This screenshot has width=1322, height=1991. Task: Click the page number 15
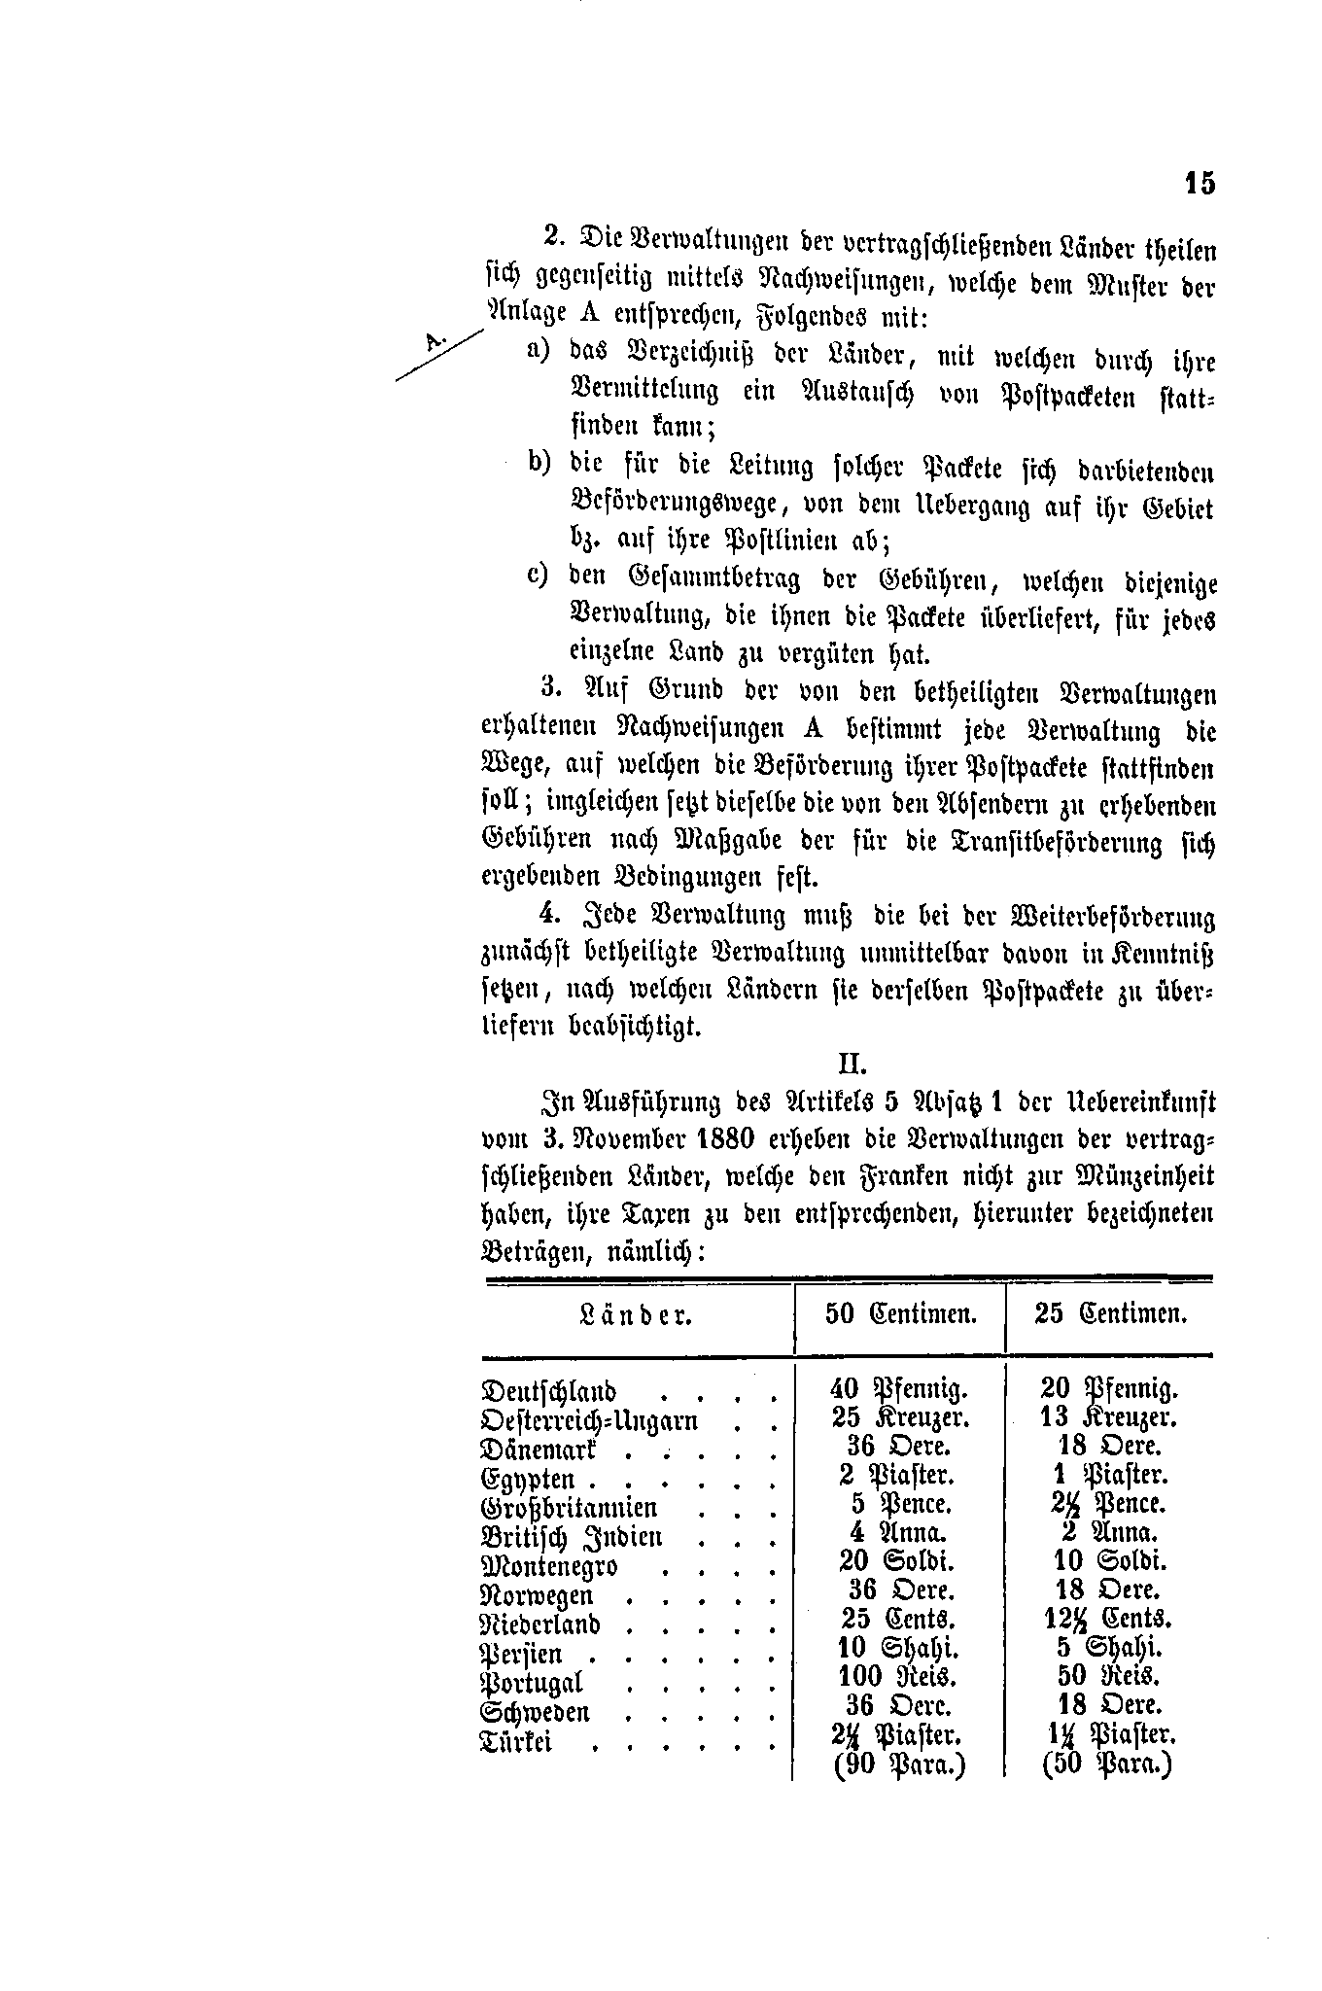[1200, 184]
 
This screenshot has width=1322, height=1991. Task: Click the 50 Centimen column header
[900, 1315]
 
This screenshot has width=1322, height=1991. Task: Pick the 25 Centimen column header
[1111, 1315]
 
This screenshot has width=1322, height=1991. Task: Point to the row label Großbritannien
[570, 1508]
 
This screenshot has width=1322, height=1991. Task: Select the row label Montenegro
[550, 1566]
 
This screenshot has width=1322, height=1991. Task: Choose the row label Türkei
[517, 1741]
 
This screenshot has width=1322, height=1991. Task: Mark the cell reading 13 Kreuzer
[1108, 1417]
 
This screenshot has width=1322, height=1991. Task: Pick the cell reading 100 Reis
[896, 1676]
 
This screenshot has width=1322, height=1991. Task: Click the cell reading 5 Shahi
[1108, 1648]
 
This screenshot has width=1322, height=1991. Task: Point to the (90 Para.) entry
[900, 1764]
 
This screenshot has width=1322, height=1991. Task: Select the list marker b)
[539, 463]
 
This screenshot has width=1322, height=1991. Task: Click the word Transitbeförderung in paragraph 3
[1033, 842]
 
